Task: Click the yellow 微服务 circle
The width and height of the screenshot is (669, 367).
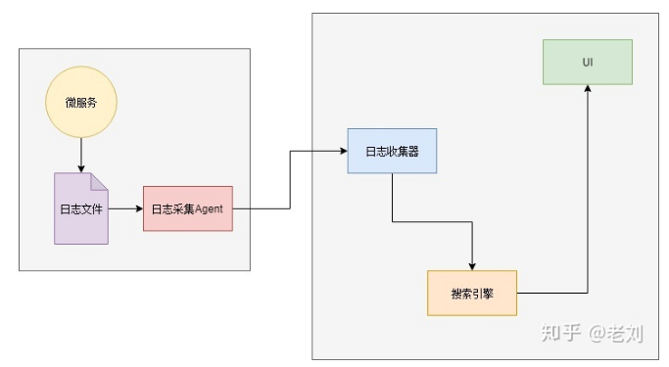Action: (81, 102)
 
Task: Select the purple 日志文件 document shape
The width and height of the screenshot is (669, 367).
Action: (81, 208)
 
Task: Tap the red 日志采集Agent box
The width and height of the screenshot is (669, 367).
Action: (188, 208)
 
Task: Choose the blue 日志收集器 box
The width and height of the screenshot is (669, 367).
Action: (392, 151)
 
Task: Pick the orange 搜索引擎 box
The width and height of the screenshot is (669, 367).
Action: (472, 293)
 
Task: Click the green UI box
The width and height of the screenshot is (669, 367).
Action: (588, 62)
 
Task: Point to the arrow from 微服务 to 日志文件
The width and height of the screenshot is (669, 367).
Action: (81, 156)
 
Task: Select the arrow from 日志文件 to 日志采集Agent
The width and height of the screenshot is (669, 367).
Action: (125, 208)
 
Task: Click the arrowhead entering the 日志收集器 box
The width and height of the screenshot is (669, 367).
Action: (344, 151)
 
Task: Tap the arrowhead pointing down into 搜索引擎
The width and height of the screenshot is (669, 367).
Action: (472, 266)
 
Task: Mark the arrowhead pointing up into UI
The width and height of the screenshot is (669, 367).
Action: (588, 89)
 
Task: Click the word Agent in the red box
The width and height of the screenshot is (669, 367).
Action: (209, 208)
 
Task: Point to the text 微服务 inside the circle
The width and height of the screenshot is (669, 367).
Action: (81, 103)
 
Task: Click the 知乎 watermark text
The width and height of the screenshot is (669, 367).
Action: (561, 333)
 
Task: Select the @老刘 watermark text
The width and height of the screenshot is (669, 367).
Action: (616, 333)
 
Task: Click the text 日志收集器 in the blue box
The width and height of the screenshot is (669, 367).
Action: (392, 152)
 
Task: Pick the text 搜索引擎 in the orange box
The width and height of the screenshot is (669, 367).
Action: (472, 294)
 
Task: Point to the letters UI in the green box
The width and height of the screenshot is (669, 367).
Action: (588, 63)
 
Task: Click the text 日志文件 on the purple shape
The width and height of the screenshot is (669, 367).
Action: (81, 208)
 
